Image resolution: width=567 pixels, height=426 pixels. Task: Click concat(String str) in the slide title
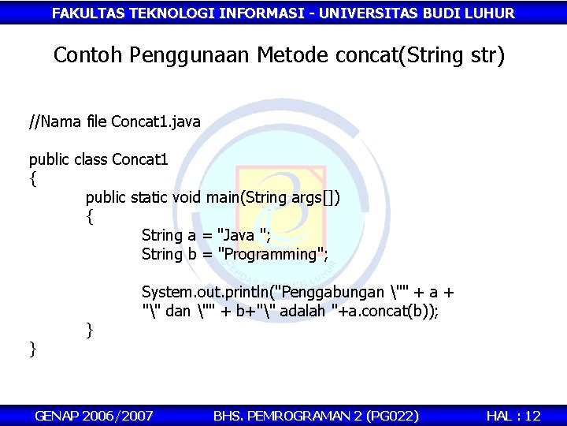[420, 56]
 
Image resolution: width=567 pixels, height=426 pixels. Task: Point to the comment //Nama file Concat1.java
[115, 122]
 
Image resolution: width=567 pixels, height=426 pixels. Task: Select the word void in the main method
[187, 197]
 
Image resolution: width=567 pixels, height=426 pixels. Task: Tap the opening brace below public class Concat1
[32, 179]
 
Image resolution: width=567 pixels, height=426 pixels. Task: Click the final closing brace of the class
[32, 348]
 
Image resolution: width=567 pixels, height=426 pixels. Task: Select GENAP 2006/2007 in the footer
[94, 415]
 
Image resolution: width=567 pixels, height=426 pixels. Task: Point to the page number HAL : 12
[513, 415]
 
